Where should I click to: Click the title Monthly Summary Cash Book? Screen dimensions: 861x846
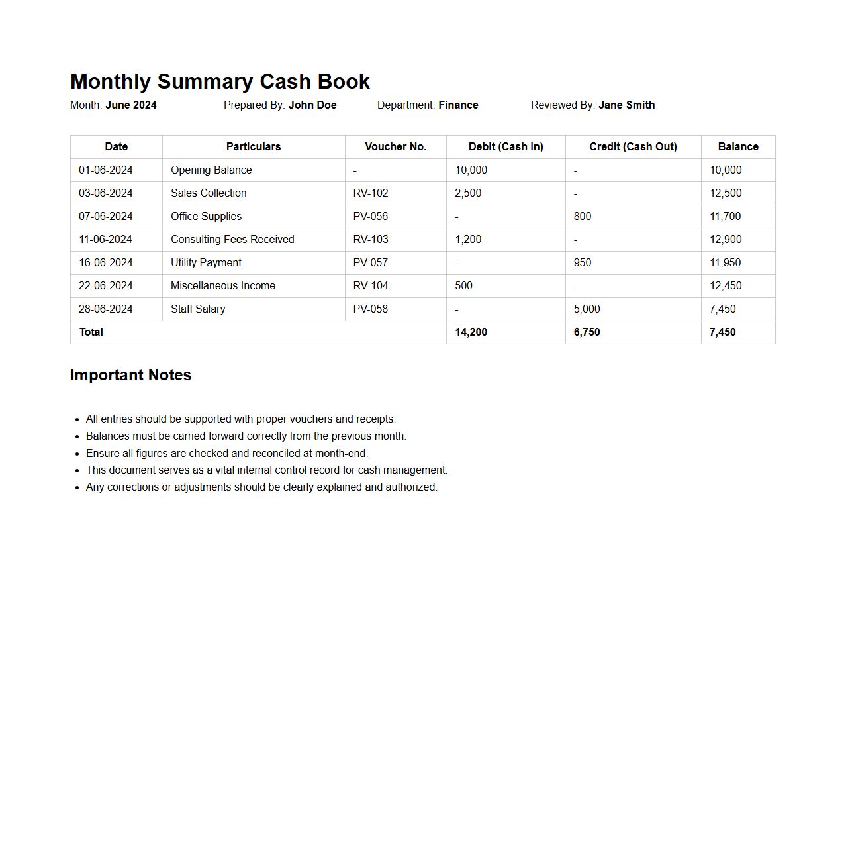(x=220, y=81)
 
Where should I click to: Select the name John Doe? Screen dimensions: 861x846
(x=312, y=105)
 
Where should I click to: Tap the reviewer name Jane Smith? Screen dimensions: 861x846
(x=626, y=105)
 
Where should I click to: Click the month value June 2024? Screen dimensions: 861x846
(x=131, y=105)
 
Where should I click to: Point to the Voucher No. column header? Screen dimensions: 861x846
(x=395, y=147)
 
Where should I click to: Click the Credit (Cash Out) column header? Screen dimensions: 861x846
(x=633, y=147)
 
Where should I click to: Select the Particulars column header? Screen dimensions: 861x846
(x=254, y=147)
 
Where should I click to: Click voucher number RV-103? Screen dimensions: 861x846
(x=371, y=240)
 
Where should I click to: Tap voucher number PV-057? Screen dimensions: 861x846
(x=370, y=263)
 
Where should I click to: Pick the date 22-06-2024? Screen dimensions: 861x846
(x=106, y=286)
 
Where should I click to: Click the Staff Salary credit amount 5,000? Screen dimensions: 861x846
(x=587, y=309)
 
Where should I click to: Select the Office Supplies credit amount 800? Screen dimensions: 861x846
(x=583, y=217)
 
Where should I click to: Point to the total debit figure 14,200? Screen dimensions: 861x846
(x=471, y=332)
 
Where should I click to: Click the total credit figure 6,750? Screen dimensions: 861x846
(x=587, y=332)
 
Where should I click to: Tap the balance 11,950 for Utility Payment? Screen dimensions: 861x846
(x=725, y=263)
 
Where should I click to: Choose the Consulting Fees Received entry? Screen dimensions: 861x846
(x=232, y=240)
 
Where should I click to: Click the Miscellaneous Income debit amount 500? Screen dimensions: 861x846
(x=463, y=286)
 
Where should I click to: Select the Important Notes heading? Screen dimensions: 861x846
(x=130, y=375)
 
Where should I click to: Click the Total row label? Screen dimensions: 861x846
(x=91, y=332)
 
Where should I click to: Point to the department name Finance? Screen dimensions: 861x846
(x=458, y=105)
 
